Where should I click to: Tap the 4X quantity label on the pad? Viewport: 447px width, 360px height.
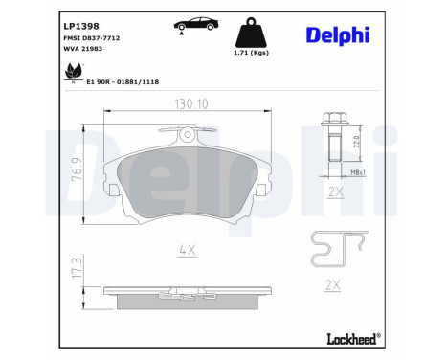(188, 251)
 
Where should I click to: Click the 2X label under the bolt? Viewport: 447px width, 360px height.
(335, 191)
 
